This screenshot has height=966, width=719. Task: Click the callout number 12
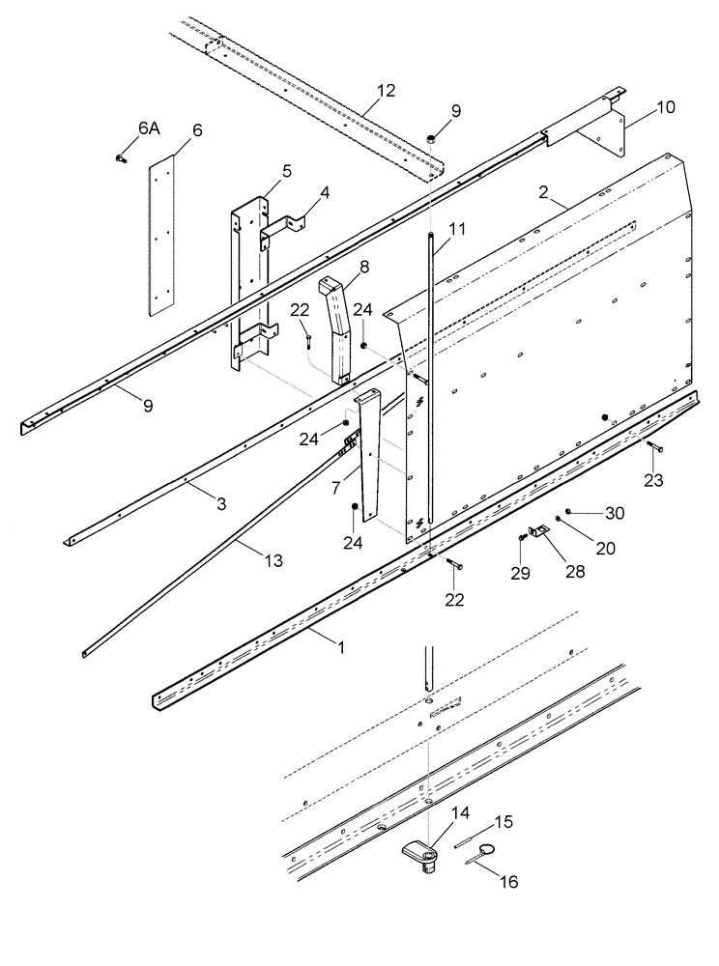[x=386, y=91]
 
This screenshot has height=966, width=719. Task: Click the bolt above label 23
[x=653, y=446]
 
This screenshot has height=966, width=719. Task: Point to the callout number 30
[x=615, y=512]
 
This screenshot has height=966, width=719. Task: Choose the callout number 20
[x=607, y=548]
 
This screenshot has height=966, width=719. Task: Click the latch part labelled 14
[x=421, y=853]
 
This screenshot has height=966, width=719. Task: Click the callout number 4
[x=325, y=192]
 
